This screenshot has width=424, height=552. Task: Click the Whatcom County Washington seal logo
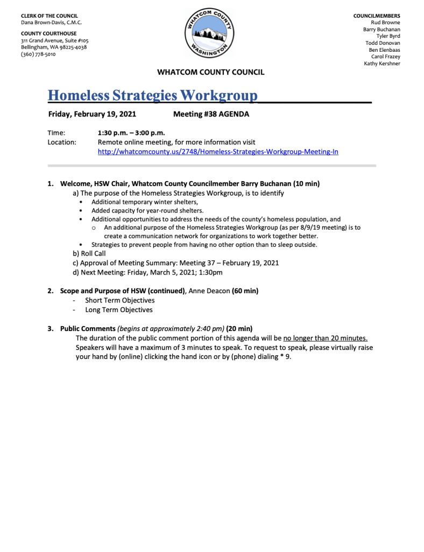point(210,34)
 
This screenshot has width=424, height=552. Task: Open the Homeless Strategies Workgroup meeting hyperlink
point(217,152)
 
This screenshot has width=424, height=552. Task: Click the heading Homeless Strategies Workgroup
point(153,95)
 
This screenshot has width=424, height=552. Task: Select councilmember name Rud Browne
point(385,23)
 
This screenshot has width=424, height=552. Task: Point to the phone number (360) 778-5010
point(38,54)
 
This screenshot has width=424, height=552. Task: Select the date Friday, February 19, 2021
point(92,114)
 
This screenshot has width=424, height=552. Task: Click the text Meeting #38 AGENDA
point(211,114)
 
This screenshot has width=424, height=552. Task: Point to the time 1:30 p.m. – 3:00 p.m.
point(131,133)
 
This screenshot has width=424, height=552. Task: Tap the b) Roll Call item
point(89,253)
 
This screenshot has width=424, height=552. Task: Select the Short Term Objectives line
point(119,300)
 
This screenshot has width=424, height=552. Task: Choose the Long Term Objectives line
point(118,310)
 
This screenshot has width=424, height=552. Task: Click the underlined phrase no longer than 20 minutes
point(326,338)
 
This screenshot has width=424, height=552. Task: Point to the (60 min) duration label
point(245,291)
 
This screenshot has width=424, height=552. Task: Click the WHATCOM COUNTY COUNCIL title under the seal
point(210,72)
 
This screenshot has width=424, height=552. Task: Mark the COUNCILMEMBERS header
point(376,16)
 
